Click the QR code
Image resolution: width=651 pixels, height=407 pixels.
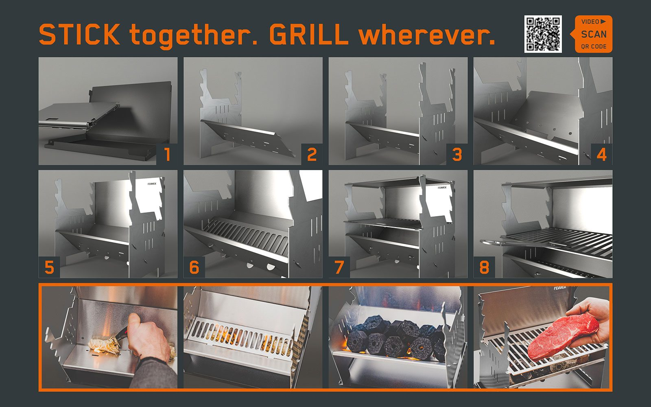(x=543, y=34)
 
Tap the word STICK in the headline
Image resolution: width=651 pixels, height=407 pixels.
(x=79, y=34)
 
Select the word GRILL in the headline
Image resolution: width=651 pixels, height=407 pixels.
(x=309, y=34)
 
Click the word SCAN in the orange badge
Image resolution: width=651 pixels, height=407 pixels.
(x=594, y=34)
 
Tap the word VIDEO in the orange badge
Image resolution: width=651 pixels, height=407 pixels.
(x=590, y=22)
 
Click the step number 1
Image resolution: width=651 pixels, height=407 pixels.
(x=167, y=154)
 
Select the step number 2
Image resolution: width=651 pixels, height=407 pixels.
(x=312, y=154)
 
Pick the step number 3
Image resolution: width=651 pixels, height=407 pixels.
(x=457, y=154)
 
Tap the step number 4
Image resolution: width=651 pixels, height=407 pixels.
(x=602, y=154)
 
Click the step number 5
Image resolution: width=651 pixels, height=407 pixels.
(x=49, y=267)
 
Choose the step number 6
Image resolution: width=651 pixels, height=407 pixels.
(x=194, y=267)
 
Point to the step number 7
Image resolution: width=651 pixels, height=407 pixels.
(x=339, y=267)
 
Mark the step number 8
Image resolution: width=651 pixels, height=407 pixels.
(x=484, y=267)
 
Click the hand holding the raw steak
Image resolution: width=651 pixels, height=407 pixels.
(x=590, y=323)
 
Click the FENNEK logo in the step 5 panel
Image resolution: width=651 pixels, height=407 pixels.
(x=152, y=184)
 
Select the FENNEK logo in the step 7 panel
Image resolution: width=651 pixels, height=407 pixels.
(x=442, y=188)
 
